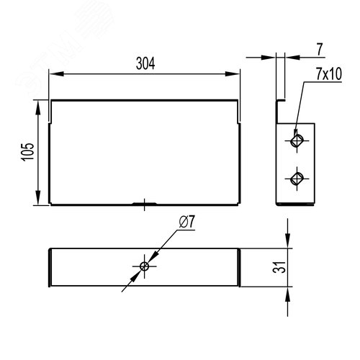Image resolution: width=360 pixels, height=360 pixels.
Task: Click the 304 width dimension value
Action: coord(145,63)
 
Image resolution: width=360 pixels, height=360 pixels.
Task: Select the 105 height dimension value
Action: coord(28,152)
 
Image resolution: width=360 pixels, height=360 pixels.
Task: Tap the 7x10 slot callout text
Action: coord(328,74)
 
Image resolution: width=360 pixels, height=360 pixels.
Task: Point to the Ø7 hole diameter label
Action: coord(186,222)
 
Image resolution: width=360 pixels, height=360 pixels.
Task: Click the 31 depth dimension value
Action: coord(279,267)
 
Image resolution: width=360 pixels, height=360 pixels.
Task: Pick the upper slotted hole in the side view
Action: coord(297,140)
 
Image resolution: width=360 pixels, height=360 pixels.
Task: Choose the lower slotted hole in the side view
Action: coord(297,179)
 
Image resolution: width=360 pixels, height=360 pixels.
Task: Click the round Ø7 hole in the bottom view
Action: coord(144,266)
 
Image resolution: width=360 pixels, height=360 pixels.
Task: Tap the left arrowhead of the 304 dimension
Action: coord(56,73)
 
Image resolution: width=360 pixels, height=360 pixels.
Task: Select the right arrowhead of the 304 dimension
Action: coord(233,73)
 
